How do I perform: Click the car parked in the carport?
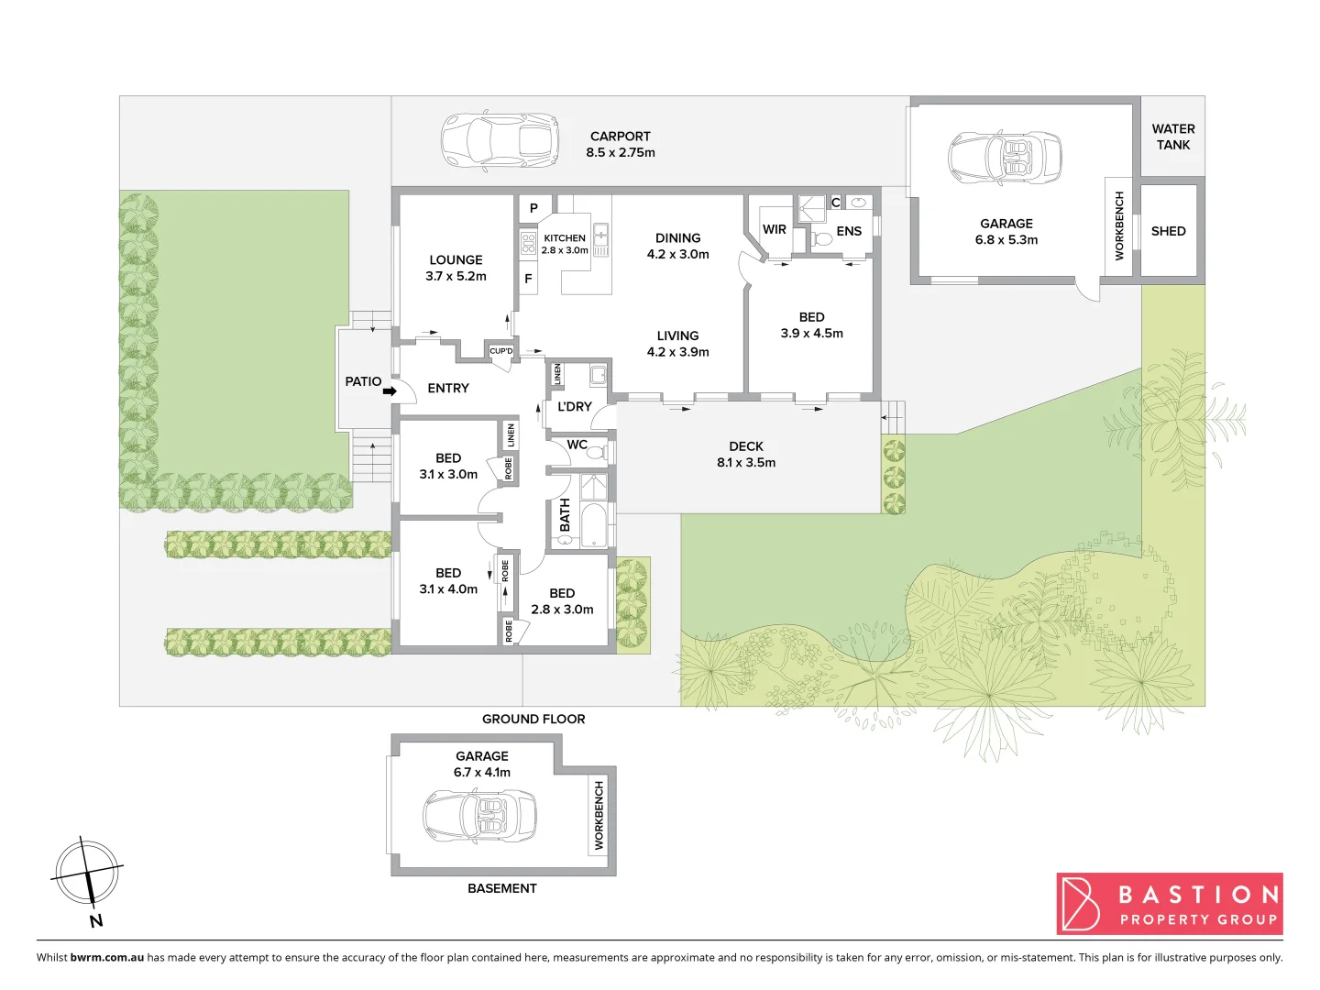500,141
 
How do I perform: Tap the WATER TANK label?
1172,137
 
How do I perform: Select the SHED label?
1168,231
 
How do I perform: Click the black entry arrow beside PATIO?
390,391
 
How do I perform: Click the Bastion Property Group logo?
1169,904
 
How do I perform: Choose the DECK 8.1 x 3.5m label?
746,455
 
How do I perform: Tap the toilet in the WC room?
596,452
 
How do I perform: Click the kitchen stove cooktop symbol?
529,243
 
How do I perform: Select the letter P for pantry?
533,208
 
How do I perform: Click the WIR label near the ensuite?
775,229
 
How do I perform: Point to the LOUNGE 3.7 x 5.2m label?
456,268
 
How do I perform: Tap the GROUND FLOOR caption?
533,720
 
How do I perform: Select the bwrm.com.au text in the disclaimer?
106,957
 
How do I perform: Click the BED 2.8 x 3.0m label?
562,601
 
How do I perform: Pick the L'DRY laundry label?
575,407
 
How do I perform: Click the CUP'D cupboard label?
501,351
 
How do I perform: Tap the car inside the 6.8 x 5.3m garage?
1005,157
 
